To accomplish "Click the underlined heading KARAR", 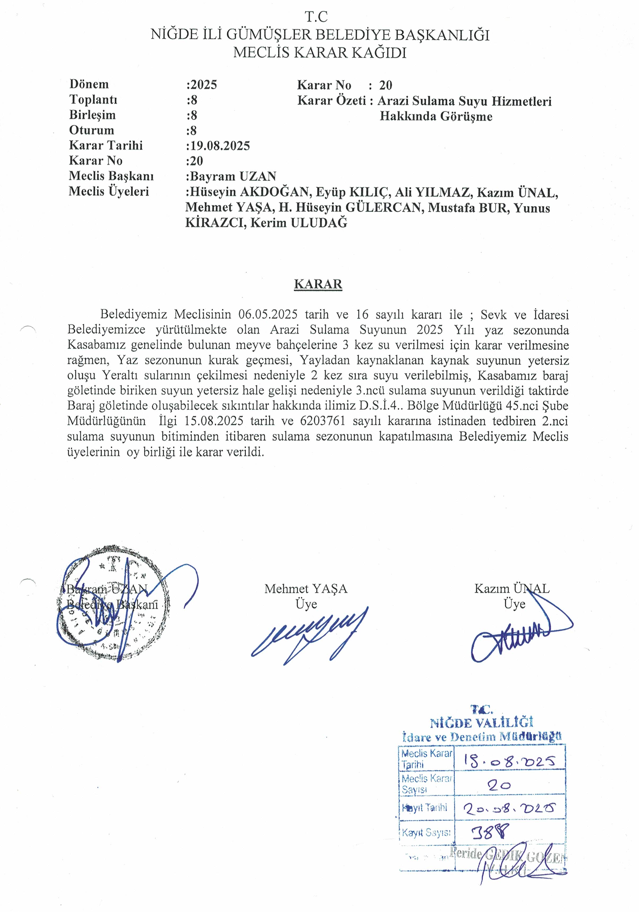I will (318, 284).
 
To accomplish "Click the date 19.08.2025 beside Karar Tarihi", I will (220, 146).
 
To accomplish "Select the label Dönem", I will (89, 84).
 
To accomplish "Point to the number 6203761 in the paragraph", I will (323, 421).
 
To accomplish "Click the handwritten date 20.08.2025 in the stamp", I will (510, 808).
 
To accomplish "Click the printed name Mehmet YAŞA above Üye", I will (306, 589).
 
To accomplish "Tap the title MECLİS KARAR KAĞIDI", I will (320, 53).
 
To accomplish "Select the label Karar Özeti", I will (332, 101).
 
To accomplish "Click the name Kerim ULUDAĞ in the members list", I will (299, 223).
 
